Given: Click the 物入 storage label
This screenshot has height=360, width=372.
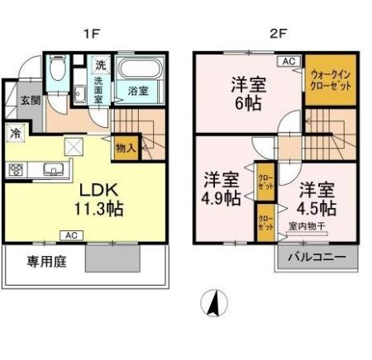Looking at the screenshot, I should pyautogui.click(x=126, y=149).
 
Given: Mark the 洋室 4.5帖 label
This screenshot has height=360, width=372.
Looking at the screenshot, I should pyautogui.click(x=317, y=197).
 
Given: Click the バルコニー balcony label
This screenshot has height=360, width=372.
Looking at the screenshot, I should pyautogui.click(x=317, y=256).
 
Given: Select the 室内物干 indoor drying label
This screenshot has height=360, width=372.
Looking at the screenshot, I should pyautogui.click(x=306, y=225).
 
